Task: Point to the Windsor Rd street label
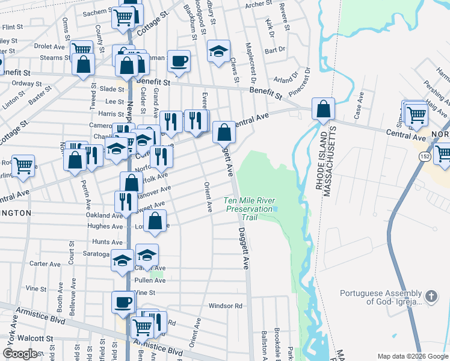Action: pyautogui.click(x=226, y=306)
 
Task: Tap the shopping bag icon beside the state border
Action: pyautogui.click(x=323, y=110)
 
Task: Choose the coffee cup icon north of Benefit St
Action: pyautogui.click(x=179, y=60)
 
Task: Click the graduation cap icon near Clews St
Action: pyautogui.click(x=219, y=51)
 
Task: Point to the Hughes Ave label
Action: pyautogui.click(x=105, y=226)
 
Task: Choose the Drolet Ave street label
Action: pyautogui.click(x=50, y=46)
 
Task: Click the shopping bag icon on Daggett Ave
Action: pyautogui.click(x=224, y=132)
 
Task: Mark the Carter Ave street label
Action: pyautogui.click(x=45, y=264)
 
